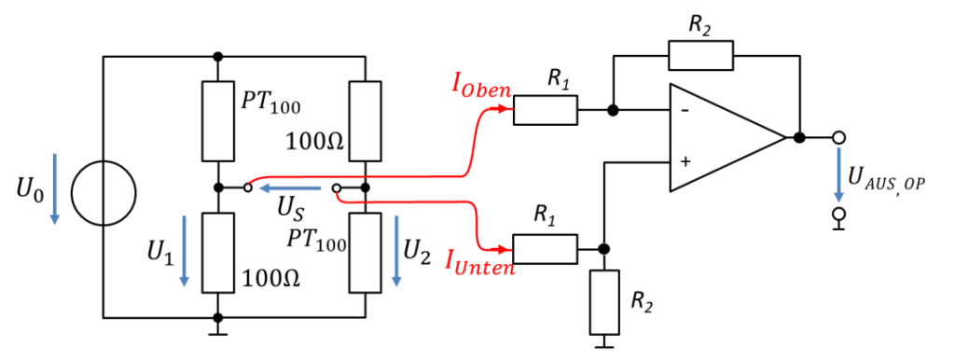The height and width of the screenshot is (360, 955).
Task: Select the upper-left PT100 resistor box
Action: click(218, 121)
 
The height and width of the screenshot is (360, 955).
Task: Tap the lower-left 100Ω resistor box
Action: click(218, 253)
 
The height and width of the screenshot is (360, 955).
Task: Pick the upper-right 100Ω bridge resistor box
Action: click(365, 121)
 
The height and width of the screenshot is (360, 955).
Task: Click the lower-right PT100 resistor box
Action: click(365, 253)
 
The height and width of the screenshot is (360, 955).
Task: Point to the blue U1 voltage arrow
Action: click(184, 249)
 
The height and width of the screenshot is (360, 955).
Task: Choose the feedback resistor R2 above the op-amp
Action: click(700, 55)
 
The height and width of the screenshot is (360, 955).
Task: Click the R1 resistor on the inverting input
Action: click(545, 110)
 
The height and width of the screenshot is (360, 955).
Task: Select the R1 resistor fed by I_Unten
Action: click(545, 249)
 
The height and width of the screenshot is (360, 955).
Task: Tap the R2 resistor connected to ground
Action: click(604, 302)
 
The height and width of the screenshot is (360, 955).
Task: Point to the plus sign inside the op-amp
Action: click(686, 161)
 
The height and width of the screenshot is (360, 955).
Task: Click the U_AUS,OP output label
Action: click(887, 176)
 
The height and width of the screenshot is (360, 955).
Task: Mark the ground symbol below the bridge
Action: click(218, 329)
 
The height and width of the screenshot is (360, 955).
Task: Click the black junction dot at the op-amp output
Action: click(799, 138)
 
